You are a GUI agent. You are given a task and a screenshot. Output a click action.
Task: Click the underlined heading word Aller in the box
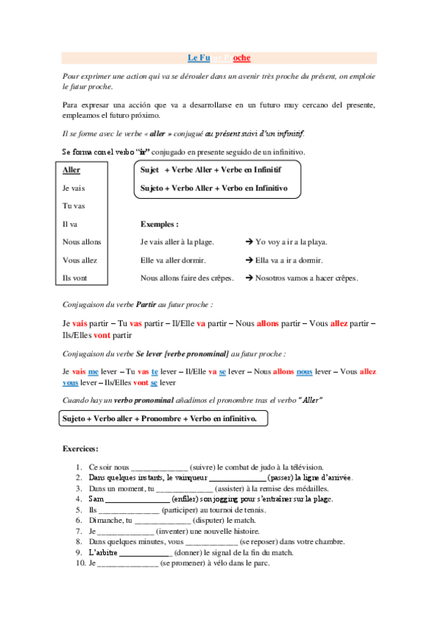pos(72,170)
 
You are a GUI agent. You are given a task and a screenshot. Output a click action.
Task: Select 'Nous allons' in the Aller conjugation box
pos(82,242)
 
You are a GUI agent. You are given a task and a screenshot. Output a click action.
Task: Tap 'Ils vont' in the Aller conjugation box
pos(76,278)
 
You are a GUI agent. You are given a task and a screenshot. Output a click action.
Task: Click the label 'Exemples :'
pos(159,224)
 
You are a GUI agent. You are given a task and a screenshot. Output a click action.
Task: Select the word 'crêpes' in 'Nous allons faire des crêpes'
pos(222,278)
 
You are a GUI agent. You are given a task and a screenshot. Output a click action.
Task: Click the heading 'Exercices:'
pos(80,448)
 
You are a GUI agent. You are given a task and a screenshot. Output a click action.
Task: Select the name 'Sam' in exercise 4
pos(96,499)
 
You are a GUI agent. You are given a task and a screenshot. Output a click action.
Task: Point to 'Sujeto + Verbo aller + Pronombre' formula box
pos(162,419)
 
